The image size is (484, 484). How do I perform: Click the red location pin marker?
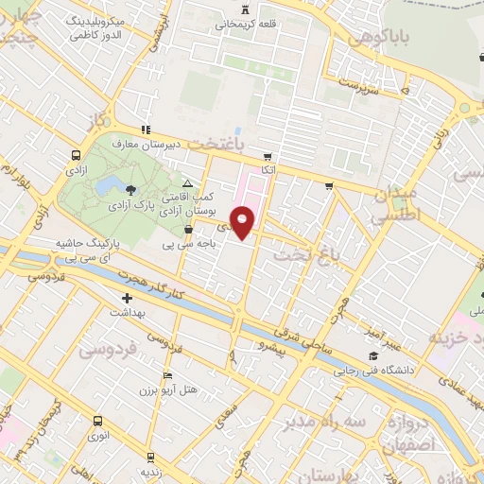tap(244, 221)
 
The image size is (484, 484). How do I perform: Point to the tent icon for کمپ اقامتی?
tap(187, 183)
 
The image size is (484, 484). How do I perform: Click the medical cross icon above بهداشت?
tap(128, 298)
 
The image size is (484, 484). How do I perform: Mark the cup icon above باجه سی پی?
tap(188, 229)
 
